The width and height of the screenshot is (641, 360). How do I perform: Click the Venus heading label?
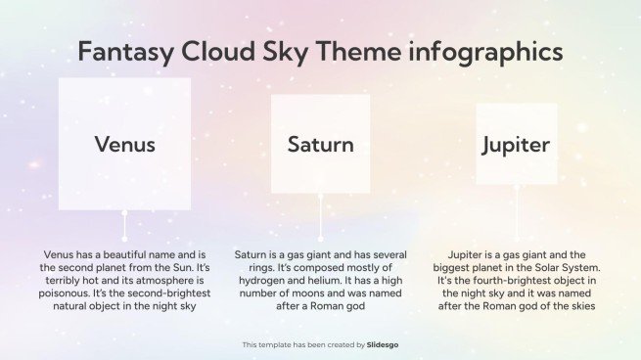pyautogui.click(x=124, y=145)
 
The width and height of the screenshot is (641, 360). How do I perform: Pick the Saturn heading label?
pyautogui.click(x=320, y=145)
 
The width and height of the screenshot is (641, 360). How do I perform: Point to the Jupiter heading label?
pyautogui.click(x=516, y=146)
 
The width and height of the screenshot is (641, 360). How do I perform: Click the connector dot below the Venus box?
pyautogui.click(x=124, y=211)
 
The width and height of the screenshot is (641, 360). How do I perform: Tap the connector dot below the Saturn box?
pyautogui.click(x=320, y=196)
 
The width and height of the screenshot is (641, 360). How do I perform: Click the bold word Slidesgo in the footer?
pyautogui.click(x=383, y=344)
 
